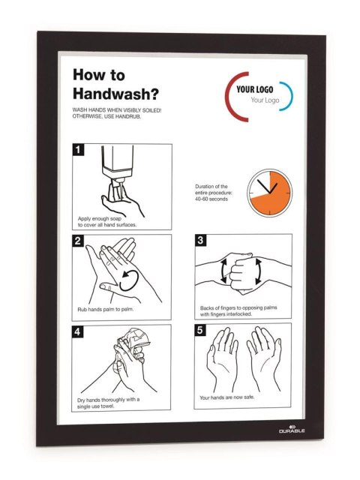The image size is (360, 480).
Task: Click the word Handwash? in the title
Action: (115, 94)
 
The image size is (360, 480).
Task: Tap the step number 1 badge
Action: (78, 150)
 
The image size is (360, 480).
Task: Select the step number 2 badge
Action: (78, 241)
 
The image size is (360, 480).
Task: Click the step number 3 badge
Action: (200, 240)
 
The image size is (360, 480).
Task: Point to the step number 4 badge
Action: (77, 331)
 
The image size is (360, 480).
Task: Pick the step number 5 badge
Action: (200, 330)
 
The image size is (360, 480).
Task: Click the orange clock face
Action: (270, 193)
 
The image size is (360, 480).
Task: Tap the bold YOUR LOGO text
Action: (255, 89)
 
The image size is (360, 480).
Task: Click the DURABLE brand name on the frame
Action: (292, 430)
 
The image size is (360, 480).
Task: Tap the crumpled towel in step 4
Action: (132, 346)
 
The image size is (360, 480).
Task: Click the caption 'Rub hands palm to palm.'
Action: (106, 310)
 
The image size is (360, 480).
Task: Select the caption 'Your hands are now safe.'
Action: (226, 397)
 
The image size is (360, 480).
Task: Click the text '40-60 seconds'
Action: (211, 199)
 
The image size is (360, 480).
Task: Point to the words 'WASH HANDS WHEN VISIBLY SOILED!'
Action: (117, 110)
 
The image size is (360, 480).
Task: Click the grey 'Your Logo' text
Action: (265, 100)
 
